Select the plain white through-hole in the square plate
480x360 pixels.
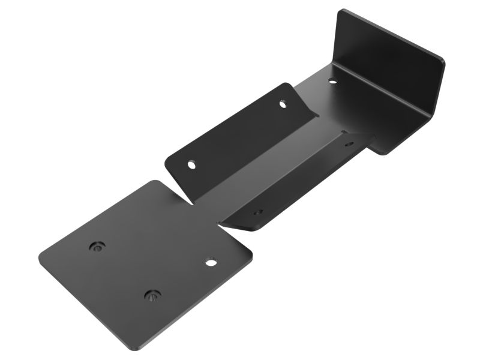click(210, 262)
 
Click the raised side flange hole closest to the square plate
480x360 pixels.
click(191, 163)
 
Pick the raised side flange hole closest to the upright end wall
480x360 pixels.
click(283, 104)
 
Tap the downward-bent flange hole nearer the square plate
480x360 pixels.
click(257, 211)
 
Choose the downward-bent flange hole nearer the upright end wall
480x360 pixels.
click(350, 144)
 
